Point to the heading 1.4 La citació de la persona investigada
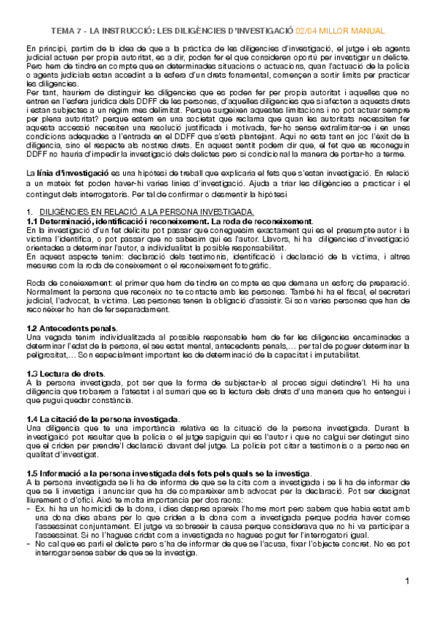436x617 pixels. click(102, 420)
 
